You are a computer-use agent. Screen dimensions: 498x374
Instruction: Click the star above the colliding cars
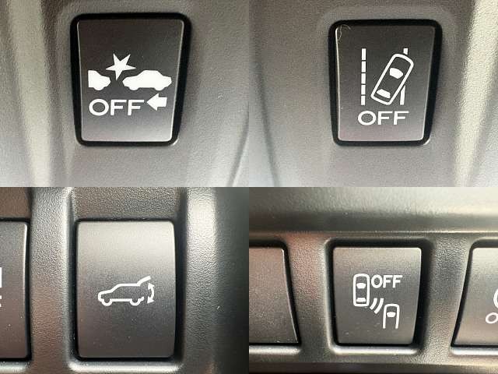(x=120, y=65)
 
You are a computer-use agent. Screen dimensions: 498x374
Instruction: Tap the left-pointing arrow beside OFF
(x=157, y=102)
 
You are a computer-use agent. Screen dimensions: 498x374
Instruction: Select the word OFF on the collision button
(x=116, y=108)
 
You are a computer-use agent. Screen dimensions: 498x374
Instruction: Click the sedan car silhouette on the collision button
(x=147, y=81)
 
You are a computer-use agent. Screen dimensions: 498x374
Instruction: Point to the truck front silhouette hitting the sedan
(x=99, y=80)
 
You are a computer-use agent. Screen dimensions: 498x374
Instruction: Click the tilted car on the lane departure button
(x=392, y=79)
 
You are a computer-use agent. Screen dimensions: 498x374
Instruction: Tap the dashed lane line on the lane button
(x=363, y=76)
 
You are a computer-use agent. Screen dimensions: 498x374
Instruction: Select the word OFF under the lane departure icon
(x=383, y=118)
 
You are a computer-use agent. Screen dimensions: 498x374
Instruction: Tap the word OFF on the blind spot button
(x=387, y=282)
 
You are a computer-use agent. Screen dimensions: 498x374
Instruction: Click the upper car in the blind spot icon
(x=361, y=290)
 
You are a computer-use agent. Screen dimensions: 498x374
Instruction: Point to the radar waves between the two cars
(x=377, y=305)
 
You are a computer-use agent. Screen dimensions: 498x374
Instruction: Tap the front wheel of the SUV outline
(x=107, y=302)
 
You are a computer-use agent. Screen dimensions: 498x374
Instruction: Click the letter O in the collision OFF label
(x=99, y=108)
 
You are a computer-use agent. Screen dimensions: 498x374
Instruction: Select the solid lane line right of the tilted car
(x=404, y=76)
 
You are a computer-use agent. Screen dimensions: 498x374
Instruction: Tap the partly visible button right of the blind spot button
(x=477, y=296)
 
